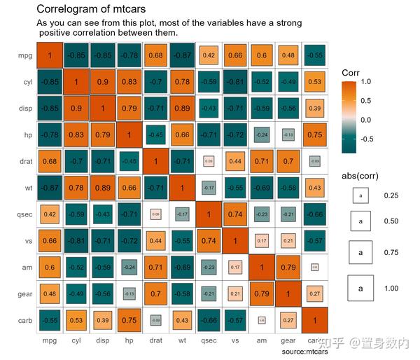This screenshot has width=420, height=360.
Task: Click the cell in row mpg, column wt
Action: pyautogui.click(x=182, y=55)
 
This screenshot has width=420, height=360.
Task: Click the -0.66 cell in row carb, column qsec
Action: pyautogui.click(x=209, y=320)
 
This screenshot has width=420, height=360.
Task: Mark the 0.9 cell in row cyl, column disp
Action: pyautogui.click(x=103, y=82)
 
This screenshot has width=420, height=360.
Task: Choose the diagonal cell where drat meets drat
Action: pyautogui.click(x=155, y=161)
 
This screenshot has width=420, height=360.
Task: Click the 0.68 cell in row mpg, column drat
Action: pyautogui.click(x=155, y=55)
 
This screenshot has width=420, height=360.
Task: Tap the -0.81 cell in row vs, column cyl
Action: pyautogui.click(x=76, y=240)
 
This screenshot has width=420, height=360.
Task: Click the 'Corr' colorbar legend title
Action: pyautogui.click(x=351, y=72)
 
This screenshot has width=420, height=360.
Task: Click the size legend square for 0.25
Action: pyautogui.click(x=361, y=196)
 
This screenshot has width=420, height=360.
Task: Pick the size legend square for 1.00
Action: pyautogui.click(x=361, y=288)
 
